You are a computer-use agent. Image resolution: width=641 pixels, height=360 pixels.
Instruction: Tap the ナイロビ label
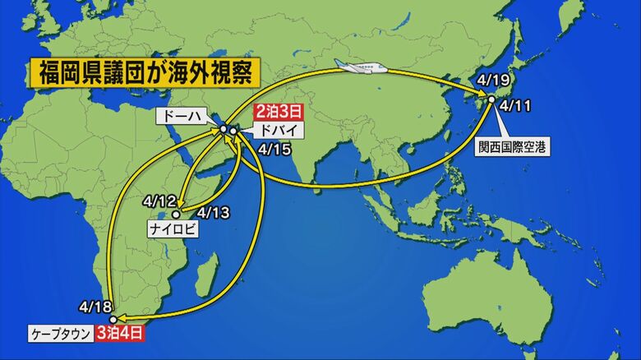pyautogui.click(x=173, y=229)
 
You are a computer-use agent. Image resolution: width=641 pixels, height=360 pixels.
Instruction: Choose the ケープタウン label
pyautogui.click(x=61, y=335)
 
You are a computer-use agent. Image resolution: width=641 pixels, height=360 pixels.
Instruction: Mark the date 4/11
pyautogui.click(x=514, y=105)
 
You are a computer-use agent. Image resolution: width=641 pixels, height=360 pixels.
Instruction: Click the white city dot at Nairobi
pyautogui.click(x=175, y=215)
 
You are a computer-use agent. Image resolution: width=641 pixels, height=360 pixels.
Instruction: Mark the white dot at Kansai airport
pyautogui.click(x=491, y=99)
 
